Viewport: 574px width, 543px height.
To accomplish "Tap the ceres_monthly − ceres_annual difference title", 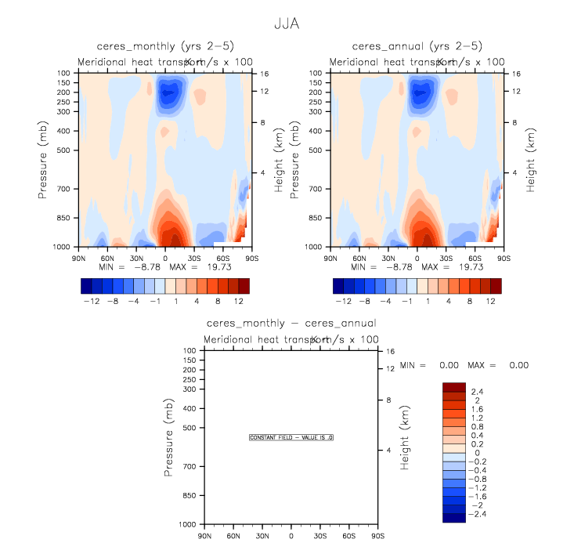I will tap(291, 323).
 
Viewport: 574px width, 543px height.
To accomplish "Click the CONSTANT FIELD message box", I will tap(291, 437).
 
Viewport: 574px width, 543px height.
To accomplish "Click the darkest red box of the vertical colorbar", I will tap(455, 387).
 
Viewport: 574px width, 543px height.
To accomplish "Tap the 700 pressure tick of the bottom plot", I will tap(188, 467).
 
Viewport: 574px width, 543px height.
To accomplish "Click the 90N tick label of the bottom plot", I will tap(204, 537).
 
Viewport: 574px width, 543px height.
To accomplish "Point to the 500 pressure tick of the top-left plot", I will tap(63, 150).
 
